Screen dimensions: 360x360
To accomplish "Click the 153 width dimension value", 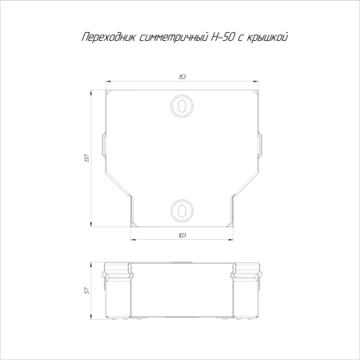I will [x=182, y=78].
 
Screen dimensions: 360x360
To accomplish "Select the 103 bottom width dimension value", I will [x=182, y=235].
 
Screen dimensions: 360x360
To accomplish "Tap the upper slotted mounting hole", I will [x=182, y=106].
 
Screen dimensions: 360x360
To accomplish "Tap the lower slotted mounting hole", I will [x=182, y=210].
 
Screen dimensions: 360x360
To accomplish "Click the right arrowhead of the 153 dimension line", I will [x=258, y=82].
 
